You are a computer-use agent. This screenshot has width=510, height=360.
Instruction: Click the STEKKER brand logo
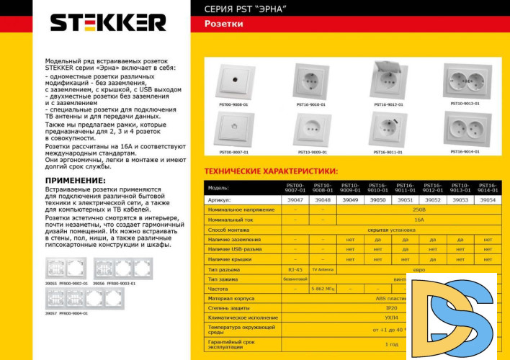pos(107,22)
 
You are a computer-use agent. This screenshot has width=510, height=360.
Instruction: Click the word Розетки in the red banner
pos(223,24)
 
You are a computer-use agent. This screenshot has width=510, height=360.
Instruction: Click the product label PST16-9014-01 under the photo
pos(465,151)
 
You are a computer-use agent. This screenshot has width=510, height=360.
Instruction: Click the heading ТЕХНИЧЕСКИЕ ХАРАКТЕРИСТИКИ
pos(271,171)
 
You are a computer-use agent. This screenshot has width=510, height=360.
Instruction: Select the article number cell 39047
pos(295,199)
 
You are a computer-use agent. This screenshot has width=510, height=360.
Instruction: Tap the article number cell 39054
pos(488,199)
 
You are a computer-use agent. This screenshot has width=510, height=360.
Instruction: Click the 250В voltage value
pos(419,209)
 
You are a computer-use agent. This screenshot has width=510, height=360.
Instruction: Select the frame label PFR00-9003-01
pos(122,284)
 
